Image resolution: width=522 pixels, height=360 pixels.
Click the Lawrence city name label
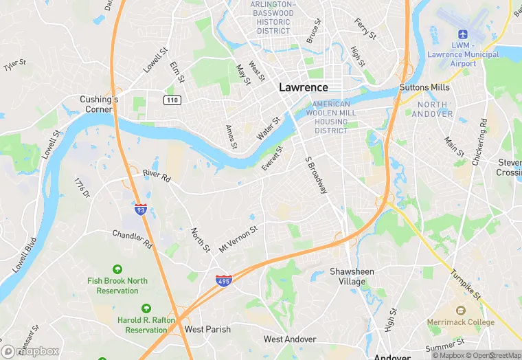pyautogui.click(x=303, y=88)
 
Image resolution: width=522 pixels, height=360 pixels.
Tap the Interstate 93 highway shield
pyautogui.click(x=140, y=210)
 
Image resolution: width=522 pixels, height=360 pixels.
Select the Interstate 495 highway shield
pyautogui.click(x=223, y=280)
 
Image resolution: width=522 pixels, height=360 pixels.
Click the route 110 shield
pyautogui.click(x=172, y=100)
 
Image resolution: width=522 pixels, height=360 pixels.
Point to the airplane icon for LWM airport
pyautogui.click(x=461, y=34)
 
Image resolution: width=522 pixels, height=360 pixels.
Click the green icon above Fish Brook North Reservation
pyautogui.click(x=117, y=269)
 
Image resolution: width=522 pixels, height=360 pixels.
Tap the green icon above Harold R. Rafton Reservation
pyautogui.click(x=146, y=308)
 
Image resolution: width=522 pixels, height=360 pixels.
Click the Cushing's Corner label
pyautogui.click(x=99, y=104)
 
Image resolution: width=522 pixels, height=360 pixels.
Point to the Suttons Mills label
pyautogui.click(x=425, y=88)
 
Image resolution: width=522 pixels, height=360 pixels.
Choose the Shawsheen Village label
pyautogui.click(x=352, y=276)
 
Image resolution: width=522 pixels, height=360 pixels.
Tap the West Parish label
pyautogui.click(x=207, y=329)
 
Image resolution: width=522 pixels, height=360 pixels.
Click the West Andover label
pyautogui.click(x=290, y=339)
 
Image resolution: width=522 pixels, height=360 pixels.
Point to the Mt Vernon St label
pyautogui.click(x=238, y=238)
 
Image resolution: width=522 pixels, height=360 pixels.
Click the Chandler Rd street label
pyautogui.click(x=132, y=239)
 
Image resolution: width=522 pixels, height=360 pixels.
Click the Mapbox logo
pyautogui.click(x=31, y=351)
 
